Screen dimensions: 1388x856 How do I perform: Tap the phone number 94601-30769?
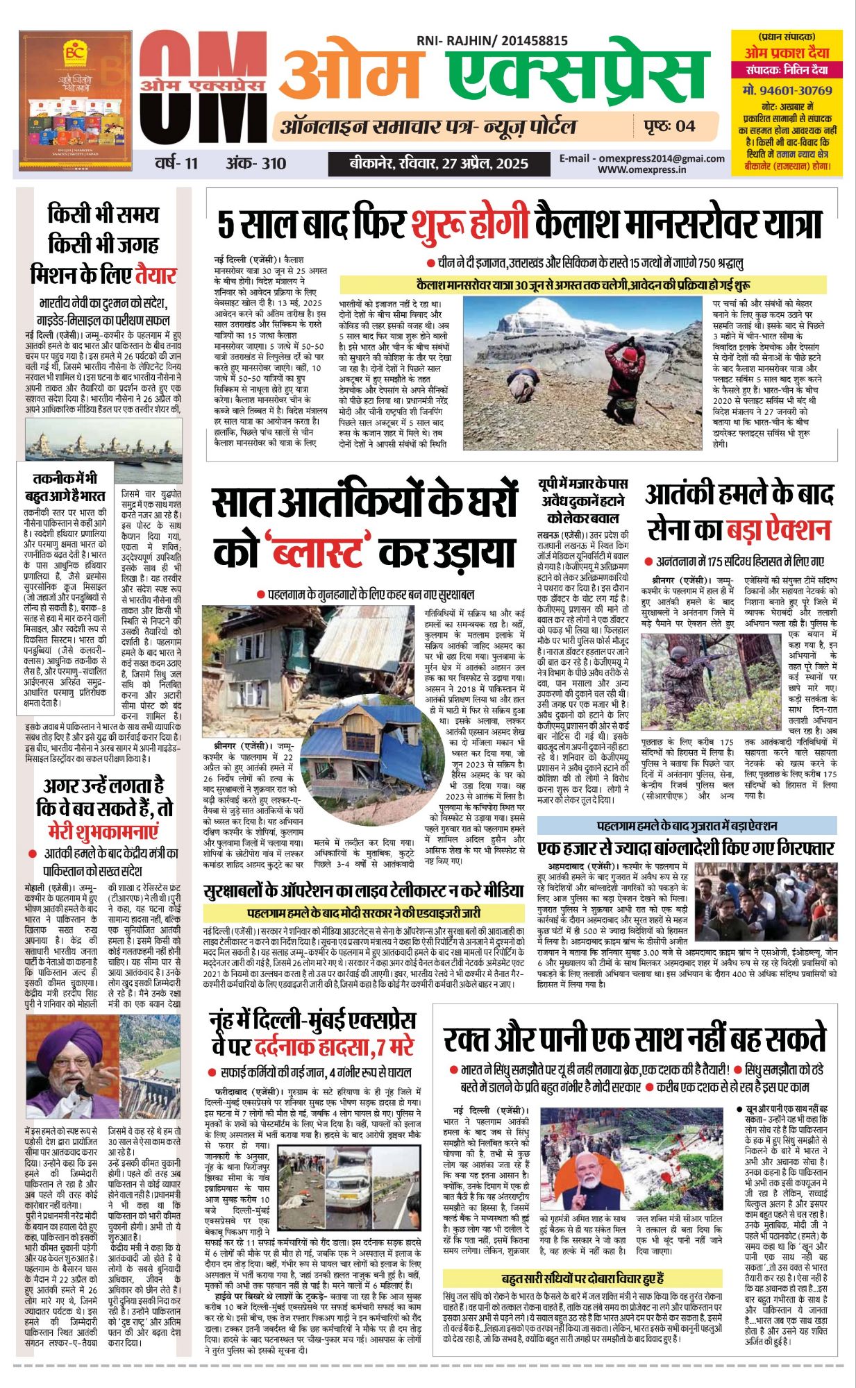click(x=787, y=90)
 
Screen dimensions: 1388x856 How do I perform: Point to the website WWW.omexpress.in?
click(x=641, y=169)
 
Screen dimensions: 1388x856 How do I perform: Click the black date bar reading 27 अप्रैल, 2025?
click(x=439, y=164)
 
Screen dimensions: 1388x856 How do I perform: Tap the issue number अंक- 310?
click(x=255, y=164)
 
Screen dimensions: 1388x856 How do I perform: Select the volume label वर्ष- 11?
click(x=176, y=164)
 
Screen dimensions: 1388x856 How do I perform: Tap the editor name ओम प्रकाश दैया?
click(x=787, y=52)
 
